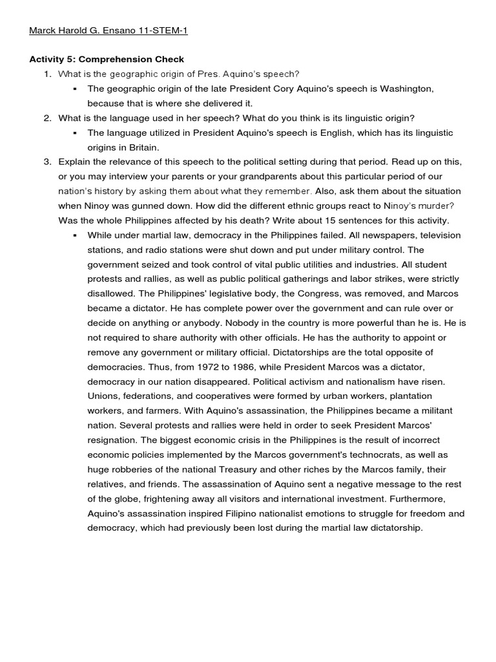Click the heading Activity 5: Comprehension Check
(107, 59)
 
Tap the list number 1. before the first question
(47, 74)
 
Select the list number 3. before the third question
(47, 162)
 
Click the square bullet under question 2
(76, 133)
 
